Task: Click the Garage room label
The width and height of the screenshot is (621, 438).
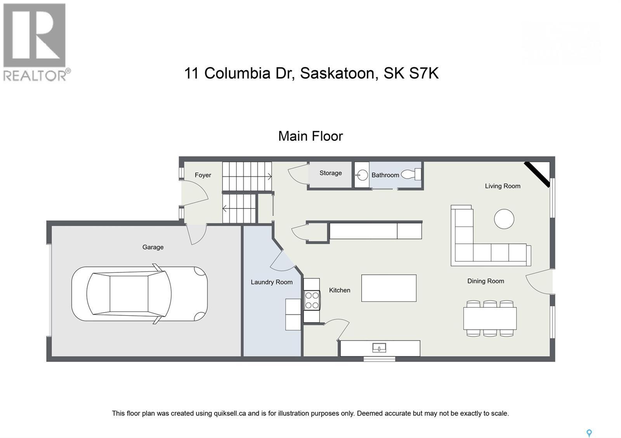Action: [153, 247]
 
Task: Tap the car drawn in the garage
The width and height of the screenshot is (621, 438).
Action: [139, 294]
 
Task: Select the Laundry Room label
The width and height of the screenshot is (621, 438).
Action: [271, 282]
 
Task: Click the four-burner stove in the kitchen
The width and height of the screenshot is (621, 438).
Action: [312, 300]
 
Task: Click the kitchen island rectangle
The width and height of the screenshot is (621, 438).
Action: [389, 288]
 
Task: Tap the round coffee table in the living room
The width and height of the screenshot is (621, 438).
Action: [504, 219]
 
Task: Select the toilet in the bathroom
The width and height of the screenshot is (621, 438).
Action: [412, 174]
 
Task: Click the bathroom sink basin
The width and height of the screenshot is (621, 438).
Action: [362, 175]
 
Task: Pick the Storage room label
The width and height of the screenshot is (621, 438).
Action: [330, 173]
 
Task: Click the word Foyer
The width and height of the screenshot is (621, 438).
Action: [203, 175]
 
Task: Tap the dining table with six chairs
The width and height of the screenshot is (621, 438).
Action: [490, 318]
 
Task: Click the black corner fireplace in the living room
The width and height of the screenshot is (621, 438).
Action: [538, 174]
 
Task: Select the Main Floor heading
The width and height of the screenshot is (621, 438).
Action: [310, 136]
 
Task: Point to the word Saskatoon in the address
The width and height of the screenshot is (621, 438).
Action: [337, 73]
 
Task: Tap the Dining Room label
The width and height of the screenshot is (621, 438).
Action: [485, 281]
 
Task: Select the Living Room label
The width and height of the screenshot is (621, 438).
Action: [502, 186]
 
